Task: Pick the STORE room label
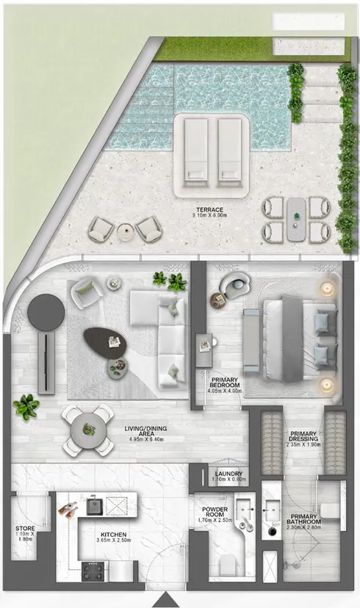click(24, 532)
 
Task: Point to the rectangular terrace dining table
click(297, 218)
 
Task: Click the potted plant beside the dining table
click(27, 405)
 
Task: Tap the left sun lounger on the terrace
click(196, 149)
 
